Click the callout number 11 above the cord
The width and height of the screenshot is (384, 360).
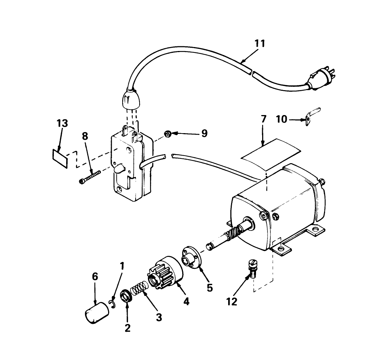[260, 44]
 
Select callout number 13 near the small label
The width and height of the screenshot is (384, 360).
[62, 123]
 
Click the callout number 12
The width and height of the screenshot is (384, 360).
[232, 301]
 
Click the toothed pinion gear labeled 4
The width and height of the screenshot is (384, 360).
[164, 272]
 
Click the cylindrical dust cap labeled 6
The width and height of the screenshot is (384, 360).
[97, 313]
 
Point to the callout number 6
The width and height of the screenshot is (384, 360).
[95, 276]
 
